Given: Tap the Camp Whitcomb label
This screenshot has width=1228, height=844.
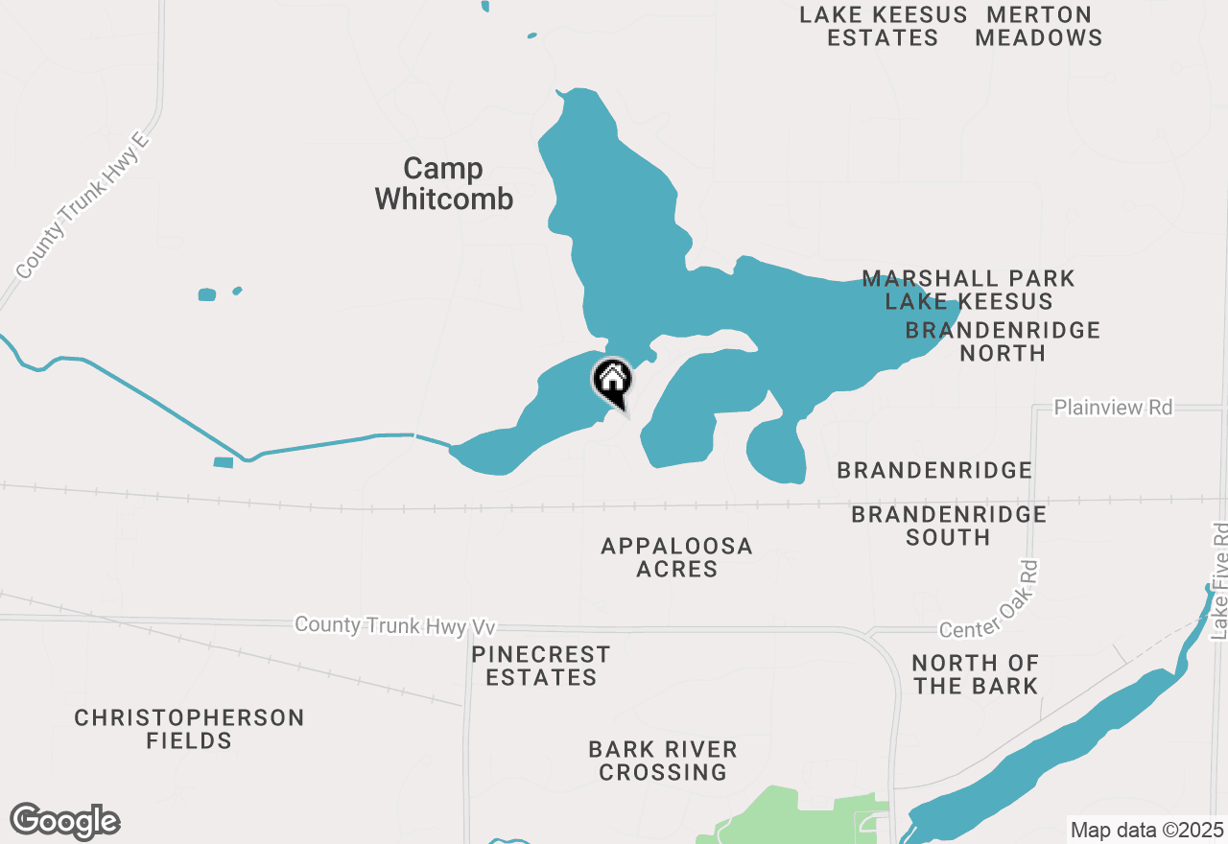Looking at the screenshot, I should pos(443,183).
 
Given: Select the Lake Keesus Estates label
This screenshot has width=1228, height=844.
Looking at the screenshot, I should pos(884,27).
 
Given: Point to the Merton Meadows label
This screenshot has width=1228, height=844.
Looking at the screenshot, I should pos(1039,27).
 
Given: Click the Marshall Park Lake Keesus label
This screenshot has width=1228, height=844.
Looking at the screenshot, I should pos(968,290).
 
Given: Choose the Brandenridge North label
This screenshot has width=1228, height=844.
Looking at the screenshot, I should pos(1003,341).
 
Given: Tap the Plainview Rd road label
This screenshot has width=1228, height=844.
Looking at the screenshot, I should pos(1113,408).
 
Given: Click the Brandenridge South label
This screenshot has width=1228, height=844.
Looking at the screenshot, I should pos(949,526).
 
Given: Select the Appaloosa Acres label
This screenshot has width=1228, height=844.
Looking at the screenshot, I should pos(676,557).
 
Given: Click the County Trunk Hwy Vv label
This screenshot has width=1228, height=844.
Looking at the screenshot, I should pos(395,625).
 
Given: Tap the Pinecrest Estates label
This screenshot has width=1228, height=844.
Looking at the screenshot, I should pos(541,666).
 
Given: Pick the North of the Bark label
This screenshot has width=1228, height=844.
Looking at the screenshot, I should pos(976,674).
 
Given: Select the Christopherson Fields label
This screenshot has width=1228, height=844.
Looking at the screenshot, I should pos(189,729).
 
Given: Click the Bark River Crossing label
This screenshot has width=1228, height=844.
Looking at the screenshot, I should pos(663,761).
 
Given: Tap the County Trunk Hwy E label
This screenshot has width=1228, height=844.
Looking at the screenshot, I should pos(84,206).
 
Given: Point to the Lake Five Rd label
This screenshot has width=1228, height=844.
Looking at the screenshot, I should pos(1218,581).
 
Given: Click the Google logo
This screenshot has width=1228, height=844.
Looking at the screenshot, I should pos(65,821).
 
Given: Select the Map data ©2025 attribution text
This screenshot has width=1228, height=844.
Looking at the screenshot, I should pos(1146,830).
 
